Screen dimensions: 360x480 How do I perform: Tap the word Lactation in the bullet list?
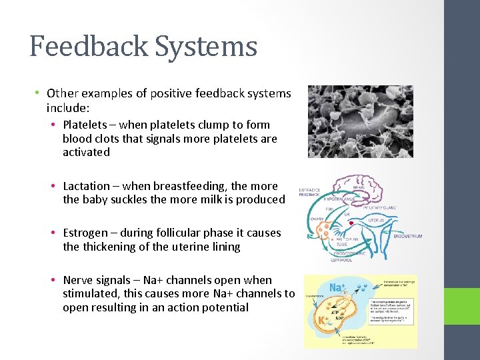[x=86, y=186]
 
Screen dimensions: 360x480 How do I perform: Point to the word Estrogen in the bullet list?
[x=87, y=233]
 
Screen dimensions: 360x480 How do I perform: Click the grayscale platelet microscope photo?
[x=360, y=121]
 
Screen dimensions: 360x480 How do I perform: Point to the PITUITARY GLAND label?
[x=381, y=208]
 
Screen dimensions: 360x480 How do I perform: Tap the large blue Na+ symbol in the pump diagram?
[x=337, y=288]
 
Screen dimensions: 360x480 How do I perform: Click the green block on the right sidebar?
[x=462, y=305]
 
